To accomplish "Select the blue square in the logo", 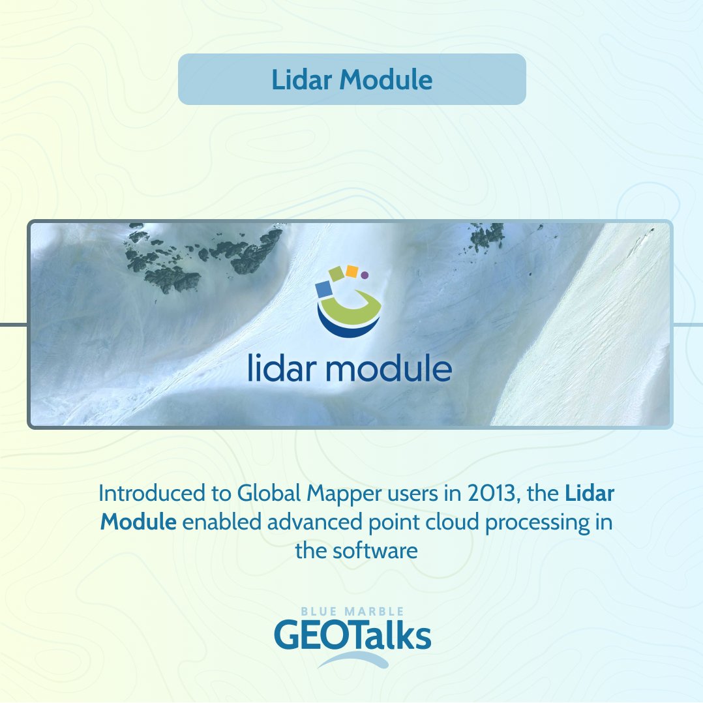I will coord(324,288).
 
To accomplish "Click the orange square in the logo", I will coord(351,271).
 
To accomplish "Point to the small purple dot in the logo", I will coord(365,275).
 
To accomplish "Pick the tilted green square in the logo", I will coord(337,274).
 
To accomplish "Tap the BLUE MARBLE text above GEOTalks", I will coord(352,612).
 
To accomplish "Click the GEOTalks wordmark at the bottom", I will coord(352,636).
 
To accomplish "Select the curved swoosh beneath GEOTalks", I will coord(353,659).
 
